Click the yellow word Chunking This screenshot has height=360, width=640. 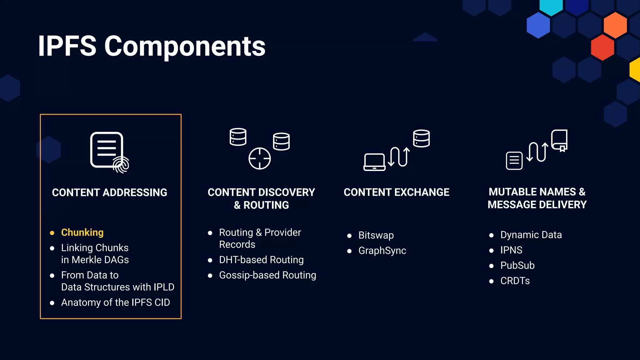(82, 232)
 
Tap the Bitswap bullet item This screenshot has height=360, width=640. (376, 235)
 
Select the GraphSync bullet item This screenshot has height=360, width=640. (382, 251)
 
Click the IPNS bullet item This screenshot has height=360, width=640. (511, 250)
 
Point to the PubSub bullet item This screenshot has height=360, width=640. (517, 265)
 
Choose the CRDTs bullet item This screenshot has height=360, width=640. (515, 281)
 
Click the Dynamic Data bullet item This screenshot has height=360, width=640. (531, 235)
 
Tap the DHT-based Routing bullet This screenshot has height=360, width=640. (261, 260)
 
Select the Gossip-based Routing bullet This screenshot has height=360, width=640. (267, 275)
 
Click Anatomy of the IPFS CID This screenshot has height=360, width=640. (115, 302)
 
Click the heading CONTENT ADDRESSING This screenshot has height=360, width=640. (109, 192)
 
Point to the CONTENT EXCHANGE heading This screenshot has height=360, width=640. (397, 192)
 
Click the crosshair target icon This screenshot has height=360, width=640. (259, 158)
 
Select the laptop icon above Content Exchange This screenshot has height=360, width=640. (374, 162)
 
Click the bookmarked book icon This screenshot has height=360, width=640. (559, 140)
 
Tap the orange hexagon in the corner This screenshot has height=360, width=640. (615, 25)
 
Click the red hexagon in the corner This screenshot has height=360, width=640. (602, 47)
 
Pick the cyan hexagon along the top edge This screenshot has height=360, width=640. (551, 6)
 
